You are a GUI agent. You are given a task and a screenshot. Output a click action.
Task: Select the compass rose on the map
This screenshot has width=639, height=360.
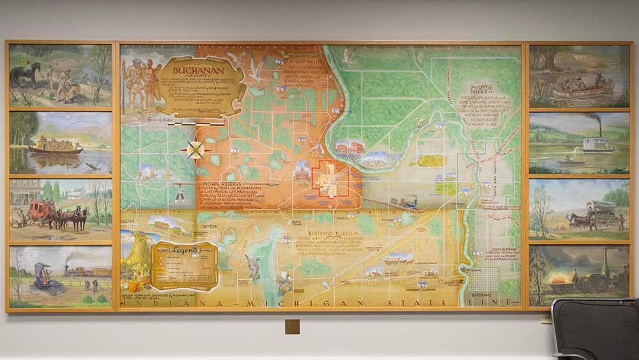pos(196,151)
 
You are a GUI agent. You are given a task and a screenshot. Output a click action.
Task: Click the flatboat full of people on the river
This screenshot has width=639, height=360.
pos(56,146)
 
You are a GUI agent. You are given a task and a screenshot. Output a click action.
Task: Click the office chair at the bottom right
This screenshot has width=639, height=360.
pos(594,329)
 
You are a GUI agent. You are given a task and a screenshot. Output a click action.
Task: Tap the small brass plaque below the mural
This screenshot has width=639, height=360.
pos(292,326)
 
